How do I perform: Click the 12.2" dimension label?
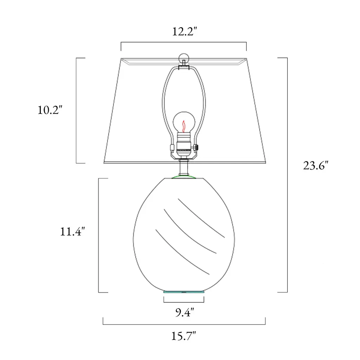pos(185,31)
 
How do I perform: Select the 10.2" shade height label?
pos(50,110)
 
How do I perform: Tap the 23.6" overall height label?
pos(316,166)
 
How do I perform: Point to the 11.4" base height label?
pos(72,231)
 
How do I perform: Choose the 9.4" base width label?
pos(185,312)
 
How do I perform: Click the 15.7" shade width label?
pos(184,336)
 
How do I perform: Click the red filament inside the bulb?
pos(184,126)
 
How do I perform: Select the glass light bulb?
pos(184,122)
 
